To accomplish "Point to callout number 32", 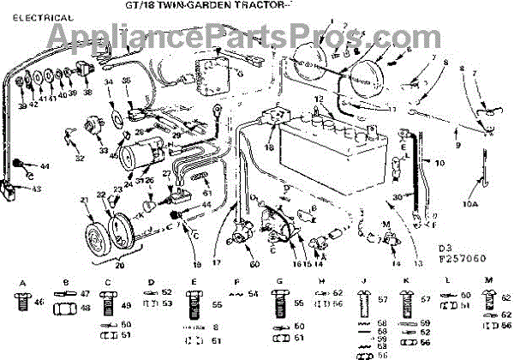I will tap(80, 159).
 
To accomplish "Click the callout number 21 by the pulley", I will tap(84, 201).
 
